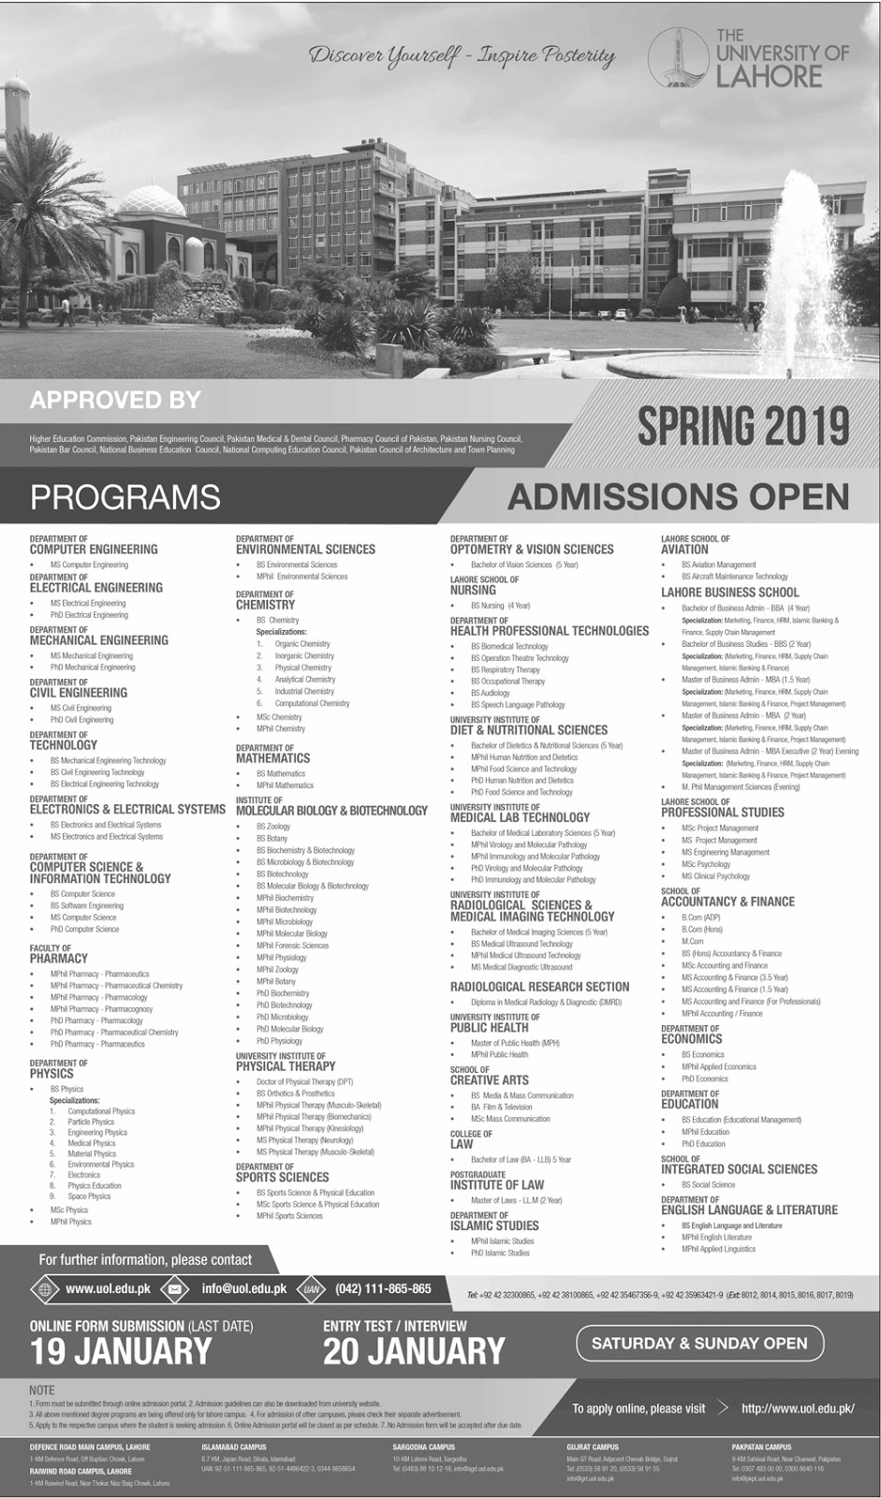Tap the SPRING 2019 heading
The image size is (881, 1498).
[743, 427]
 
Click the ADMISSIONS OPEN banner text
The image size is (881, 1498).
[678, 497]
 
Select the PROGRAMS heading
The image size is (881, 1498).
[125, 497]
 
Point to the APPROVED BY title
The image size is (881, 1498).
[115, 401]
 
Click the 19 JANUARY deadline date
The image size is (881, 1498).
[121, 1352]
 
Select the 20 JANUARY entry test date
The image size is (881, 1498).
[414, 1352]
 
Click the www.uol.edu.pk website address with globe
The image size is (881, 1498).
[108, 1289]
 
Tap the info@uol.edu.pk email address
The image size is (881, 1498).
[243, 1289]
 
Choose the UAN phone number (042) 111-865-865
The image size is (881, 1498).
[383, 1289]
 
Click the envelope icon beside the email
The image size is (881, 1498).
[174, 1289]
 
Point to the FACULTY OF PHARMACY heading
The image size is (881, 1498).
[58, 954]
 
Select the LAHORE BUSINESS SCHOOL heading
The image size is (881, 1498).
[729, 593]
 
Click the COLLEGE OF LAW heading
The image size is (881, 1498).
[471, 1139]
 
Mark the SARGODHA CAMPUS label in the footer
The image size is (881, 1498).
[423, 1447]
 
